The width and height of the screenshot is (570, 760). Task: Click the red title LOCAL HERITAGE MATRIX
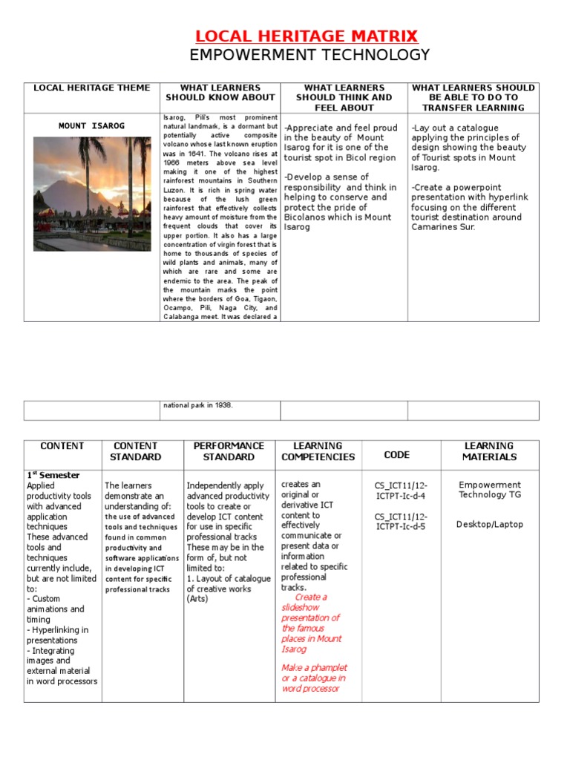pyautogui.click(x=307, y=36)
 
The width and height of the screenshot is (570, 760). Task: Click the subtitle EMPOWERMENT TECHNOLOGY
pyautogui.click(x=309, y=55)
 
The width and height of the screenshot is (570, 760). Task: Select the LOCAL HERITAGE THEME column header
pyautogui.click(x=91, y=88)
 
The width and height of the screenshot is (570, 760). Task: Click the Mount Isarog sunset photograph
pyautogui.click(x=92, y=194)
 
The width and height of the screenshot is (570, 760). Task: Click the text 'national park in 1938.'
pyautogui.click(x=197, y=405)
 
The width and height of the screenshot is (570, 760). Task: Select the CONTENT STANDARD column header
pyautogui.click(x=136, y=451)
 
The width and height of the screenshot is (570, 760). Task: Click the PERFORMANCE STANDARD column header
pyautogui.click(x=228, y=451)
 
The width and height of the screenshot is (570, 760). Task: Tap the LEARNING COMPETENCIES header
pyautogui.click(x=318, y=451)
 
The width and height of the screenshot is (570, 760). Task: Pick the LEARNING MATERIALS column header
pyautogui.click(x=489, y=451)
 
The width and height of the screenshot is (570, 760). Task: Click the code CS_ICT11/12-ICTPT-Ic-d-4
pyautogui.click(x=400, y=491)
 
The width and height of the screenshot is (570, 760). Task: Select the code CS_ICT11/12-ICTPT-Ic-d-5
pyautogui.click(x=400, y=522)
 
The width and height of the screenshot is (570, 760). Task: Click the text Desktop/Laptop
pyautogui.click(x=489, y=524)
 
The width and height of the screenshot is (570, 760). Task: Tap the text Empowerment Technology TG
pyautogui.click(x=489, y=490)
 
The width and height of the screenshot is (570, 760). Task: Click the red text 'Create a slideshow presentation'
pyautogui.click(x=310, y=607)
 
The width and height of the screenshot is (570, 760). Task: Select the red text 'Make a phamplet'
pyautogui.click(x=314, y=667)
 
